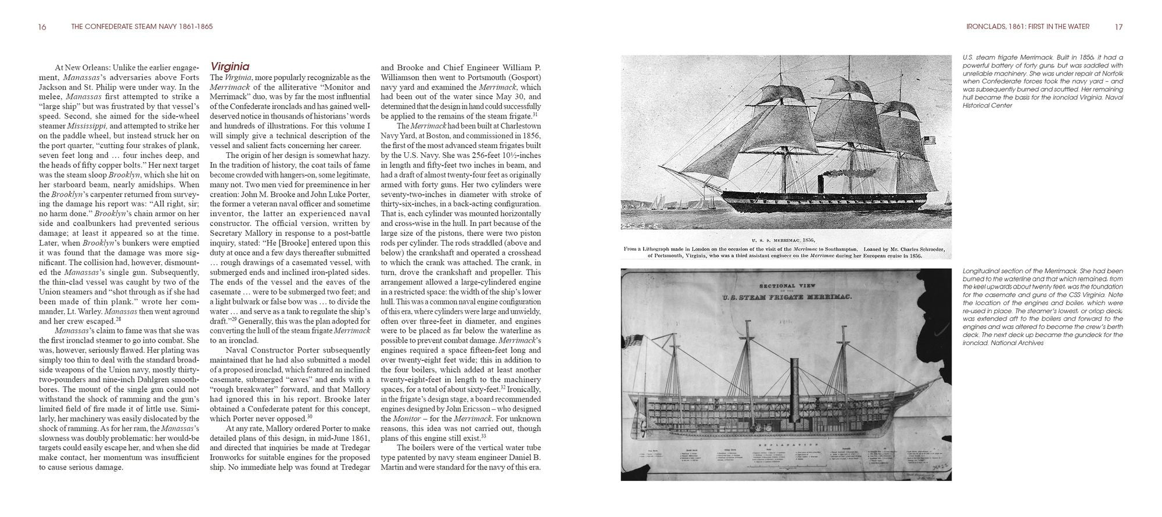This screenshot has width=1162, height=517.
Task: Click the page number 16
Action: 42,27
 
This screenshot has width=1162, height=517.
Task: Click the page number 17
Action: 1118,27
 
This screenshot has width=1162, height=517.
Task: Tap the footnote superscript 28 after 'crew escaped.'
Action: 118,319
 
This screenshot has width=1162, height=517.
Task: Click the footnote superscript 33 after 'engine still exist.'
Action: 483,436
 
